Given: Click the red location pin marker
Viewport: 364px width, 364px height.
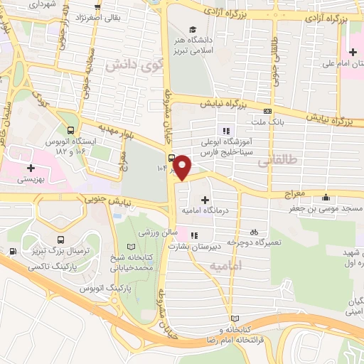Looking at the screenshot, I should pos(183,167).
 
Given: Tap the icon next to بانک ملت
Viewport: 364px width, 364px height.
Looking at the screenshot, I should pos(267,111).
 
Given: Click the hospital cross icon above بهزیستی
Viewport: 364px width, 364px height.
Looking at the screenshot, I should pos(30,168).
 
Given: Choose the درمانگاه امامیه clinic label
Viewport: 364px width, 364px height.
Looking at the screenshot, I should pos(206,210).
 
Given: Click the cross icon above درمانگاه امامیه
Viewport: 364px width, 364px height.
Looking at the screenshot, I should pos(206,200).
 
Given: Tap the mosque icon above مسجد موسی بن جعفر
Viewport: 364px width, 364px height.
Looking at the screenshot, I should pos(326,197).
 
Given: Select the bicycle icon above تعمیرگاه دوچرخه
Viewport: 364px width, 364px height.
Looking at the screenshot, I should pos(253,232).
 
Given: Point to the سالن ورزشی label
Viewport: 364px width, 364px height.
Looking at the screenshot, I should pos(157,232).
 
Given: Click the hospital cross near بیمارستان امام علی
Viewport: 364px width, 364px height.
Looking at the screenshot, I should pos(353,51).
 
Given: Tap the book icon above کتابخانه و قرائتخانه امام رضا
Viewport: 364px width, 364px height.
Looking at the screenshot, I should pos(235,318).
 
